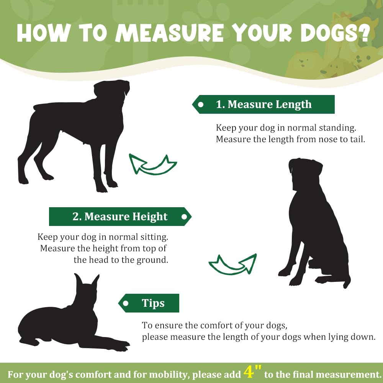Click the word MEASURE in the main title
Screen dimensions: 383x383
click(170, 33)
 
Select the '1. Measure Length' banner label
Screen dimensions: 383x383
click(264, 104)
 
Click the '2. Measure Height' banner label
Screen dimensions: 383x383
click(120, 217)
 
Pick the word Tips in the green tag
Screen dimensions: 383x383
click(153, 303)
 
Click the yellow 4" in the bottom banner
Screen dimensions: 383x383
click(252, 372)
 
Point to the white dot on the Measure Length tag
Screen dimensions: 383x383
click(201, 105)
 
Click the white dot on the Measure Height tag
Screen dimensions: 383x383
click(185, 217)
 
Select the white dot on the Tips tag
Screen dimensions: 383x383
click(126, 303)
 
